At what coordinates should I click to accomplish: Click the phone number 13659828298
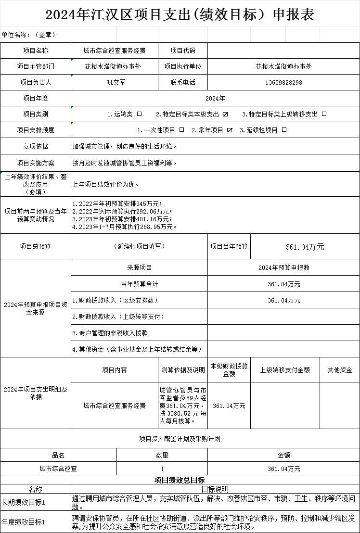[x=283, y=82]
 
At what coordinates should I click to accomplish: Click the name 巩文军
[x=116, y=82]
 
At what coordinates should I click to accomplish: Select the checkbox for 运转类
[x=140, y=114]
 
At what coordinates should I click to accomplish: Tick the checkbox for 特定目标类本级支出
[x=225, y=114]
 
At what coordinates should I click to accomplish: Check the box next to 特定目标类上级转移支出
[x=324, y=114]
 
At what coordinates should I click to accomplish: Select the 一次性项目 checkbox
[x=181, y=130]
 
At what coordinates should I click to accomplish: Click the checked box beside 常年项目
[x=230, y=130]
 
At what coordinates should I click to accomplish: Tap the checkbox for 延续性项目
[x=284, y=130]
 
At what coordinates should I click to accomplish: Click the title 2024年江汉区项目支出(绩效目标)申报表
[x=180, y=14]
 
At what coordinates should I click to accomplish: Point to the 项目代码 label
[x=183, y=51]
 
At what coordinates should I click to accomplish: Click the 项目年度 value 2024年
[x=215, y=98]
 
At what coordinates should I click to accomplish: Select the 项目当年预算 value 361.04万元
[x=305, y=247]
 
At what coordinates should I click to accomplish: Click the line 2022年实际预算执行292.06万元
[x=122, y=211]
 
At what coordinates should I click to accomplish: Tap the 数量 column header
[x=162, y=455]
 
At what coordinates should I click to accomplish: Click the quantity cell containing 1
[x=162, y=469]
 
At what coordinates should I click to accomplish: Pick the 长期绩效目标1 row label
[x=24, y=502]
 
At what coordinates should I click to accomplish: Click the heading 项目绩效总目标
[x=180, y=480]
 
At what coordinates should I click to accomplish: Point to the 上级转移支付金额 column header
[x=285, y=370]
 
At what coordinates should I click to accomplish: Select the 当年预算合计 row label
[x=139, y=284]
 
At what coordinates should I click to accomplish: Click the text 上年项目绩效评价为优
[x=106, y=184]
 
